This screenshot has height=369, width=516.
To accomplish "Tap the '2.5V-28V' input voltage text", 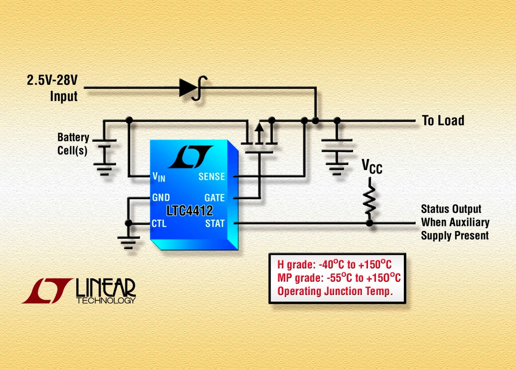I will [x=52, y=80].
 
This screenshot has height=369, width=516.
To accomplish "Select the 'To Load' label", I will [x=443, y=121].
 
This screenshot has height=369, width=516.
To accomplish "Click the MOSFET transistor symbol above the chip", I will [x=259, y=137].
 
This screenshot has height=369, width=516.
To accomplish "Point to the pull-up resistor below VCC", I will [x=369, y=200].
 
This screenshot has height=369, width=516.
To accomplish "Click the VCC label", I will [x=372, y=167].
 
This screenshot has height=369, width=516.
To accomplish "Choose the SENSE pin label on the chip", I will [x=212, y=176].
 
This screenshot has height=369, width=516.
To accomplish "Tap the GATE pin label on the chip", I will [x=215, y=198].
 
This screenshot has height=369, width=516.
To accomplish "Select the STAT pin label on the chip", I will [x=215, y=223].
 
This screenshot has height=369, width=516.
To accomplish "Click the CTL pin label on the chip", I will [x=159, y=223].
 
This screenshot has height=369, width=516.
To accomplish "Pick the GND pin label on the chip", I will [x=161, y=198].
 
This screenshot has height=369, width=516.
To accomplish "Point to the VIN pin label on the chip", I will [x=158, y=176].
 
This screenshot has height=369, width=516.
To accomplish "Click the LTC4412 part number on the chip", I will [x=190, y=210].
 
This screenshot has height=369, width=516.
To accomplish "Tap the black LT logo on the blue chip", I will [x=190, y=157].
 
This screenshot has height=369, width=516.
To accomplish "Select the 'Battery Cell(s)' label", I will [x=73, y=144].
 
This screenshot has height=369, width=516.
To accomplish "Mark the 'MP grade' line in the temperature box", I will [x=339, y=278].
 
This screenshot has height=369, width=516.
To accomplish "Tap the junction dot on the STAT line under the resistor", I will [x=369, y=223].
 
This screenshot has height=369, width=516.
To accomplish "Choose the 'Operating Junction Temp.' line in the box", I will [x=334, y=291].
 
